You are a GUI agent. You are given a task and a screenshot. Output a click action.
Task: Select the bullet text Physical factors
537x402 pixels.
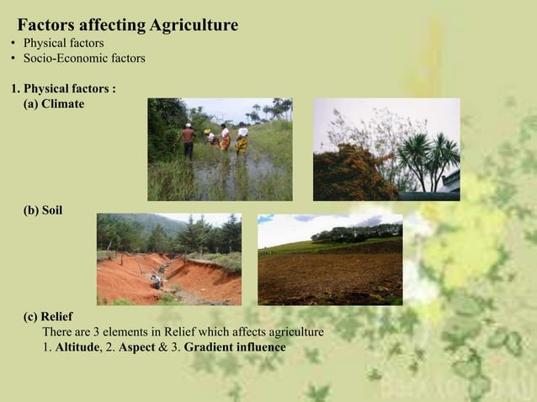pos(63,43)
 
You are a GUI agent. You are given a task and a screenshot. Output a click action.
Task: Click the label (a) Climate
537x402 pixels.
pos(54,104)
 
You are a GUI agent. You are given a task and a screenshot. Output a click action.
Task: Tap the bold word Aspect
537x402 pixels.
pos(137,347)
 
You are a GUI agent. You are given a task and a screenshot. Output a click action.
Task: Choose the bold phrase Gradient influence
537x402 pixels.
pos(235,347)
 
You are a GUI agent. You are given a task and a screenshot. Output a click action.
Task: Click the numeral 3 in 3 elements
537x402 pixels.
pos(97,332)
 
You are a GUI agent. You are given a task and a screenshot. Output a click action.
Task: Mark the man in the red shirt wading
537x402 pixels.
pos(189,140)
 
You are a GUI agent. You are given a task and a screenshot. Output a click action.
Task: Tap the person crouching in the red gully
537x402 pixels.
pos(155,282)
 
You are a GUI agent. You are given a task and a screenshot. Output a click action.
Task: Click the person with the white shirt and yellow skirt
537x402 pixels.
pos(242,140)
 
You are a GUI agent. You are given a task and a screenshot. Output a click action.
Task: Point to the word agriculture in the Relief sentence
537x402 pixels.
pos(291,332)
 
